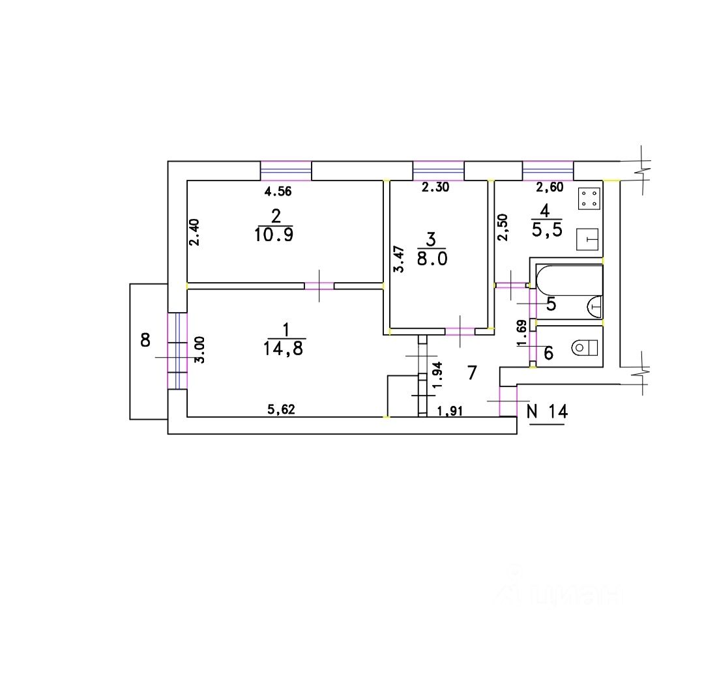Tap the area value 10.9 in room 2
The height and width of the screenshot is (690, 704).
point(275,235)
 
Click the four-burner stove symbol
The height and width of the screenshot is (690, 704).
point(589,199)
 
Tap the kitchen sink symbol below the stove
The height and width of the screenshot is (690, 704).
point(589,239)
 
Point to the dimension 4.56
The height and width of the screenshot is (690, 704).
point(277,192)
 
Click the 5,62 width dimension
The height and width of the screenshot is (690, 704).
point(282,410)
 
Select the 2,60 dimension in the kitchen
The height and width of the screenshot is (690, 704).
point(549,188)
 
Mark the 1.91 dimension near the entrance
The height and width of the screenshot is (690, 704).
point(450,410)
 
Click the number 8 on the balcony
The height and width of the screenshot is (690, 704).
point(145,339)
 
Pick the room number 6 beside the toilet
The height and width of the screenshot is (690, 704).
point(548,353)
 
